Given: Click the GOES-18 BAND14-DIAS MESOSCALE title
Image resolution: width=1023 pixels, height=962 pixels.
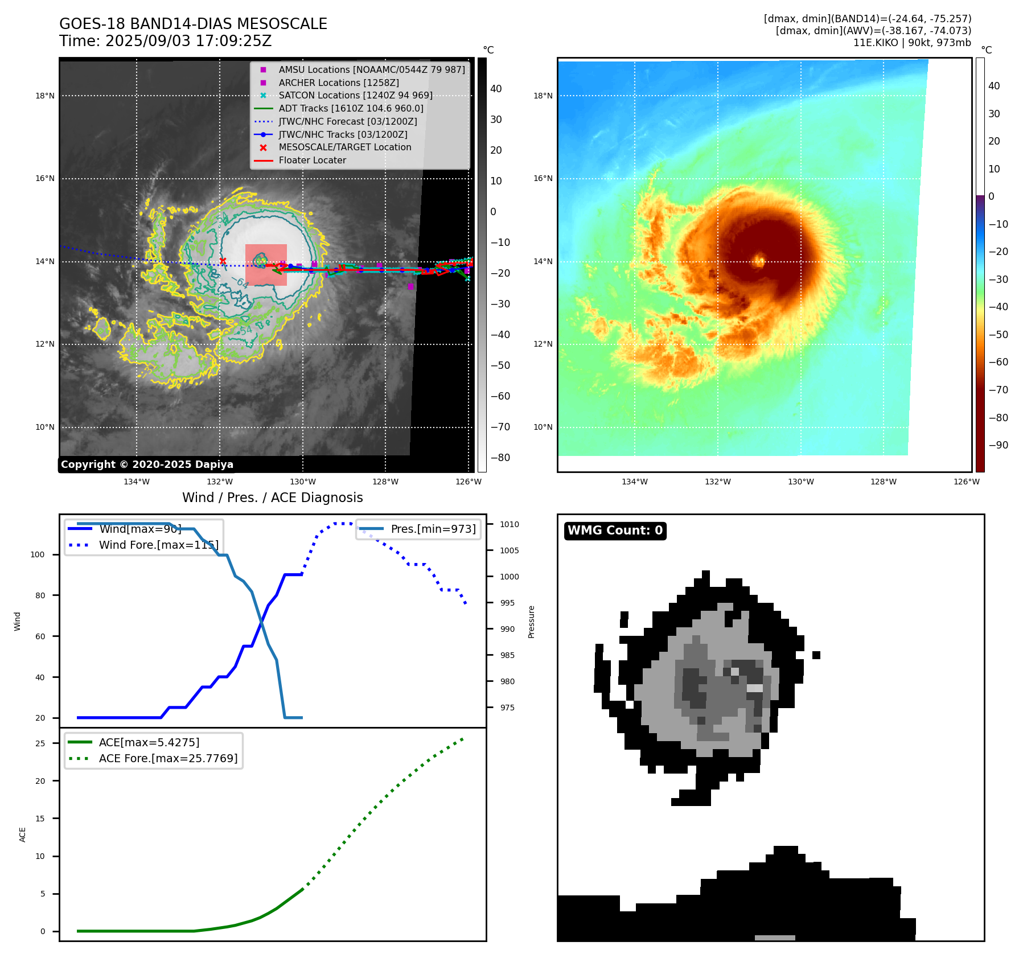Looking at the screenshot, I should (x=193, y=24).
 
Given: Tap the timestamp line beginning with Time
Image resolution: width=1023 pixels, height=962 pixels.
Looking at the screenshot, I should (x=165, y=41).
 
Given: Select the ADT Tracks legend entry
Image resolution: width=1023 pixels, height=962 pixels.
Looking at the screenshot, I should (x=351, y=108).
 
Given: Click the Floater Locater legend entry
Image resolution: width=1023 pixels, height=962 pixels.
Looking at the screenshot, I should (x=312, y=160).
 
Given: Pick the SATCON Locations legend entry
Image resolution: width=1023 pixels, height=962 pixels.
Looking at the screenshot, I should (x=355, y=95).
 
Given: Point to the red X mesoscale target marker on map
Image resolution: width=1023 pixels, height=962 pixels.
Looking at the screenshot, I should (x=223, y=261).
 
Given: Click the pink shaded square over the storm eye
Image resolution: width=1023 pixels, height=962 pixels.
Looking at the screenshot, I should (x=266, y=265).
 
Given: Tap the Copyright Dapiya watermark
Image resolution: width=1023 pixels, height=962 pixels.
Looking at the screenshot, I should (x=147, y=464).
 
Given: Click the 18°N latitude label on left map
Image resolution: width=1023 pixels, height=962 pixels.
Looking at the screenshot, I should (x=45, y=96).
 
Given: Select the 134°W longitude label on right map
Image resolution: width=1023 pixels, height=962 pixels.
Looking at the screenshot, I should (x=634, y=482).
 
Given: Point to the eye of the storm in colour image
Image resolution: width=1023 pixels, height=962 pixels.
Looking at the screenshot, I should (x=758, y=261).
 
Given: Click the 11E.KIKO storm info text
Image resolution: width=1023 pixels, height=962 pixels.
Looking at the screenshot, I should (x=912, y=43).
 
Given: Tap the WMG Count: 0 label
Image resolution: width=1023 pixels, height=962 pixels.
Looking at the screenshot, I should (x=615, y=531).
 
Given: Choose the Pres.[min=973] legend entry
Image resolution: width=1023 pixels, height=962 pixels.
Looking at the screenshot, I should (x=433, y=529).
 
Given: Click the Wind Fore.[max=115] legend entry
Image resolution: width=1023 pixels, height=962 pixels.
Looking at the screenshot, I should (x=158, y=545).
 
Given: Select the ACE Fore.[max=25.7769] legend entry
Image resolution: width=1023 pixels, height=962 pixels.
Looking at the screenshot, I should (x=168, y=758).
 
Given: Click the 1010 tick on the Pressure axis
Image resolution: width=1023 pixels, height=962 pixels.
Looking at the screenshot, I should (x=510, y=524).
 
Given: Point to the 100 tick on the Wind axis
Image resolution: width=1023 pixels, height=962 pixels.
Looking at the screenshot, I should (x=37, y=554).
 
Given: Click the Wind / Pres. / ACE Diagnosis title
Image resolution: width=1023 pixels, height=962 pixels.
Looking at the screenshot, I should (x=272, y=498).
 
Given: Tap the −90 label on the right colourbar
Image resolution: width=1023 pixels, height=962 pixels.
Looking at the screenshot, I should (x=998, y=445).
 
